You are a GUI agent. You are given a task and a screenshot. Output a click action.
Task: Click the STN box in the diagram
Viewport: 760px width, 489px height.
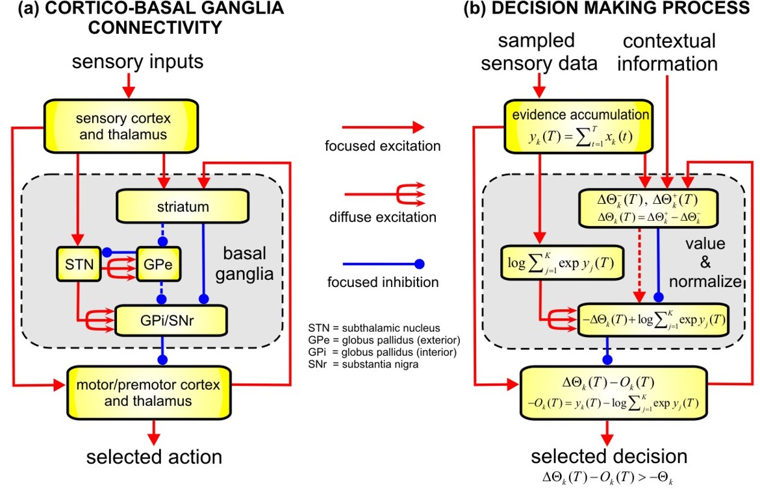76,265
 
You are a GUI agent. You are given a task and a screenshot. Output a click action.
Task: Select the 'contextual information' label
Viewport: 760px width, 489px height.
669,53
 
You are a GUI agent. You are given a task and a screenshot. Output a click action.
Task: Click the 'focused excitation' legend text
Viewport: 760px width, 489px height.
383,147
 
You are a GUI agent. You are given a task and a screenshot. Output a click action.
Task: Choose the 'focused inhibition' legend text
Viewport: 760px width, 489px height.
383,282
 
